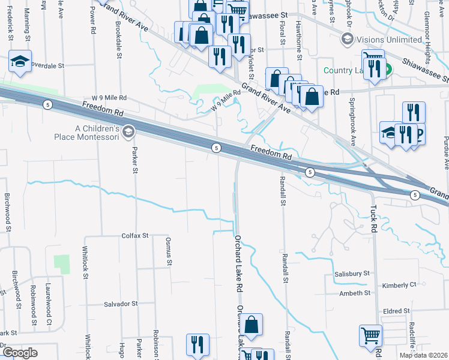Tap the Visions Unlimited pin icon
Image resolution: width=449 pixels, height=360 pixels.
346,39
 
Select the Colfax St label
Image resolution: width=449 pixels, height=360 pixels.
134,236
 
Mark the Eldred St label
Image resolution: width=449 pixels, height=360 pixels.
397,311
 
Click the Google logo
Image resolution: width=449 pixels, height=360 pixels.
20,352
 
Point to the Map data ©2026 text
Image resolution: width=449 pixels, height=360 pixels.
423,355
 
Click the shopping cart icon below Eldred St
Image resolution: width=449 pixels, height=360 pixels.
371,336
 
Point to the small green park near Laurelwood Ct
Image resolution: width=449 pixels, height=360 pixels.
61,263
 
